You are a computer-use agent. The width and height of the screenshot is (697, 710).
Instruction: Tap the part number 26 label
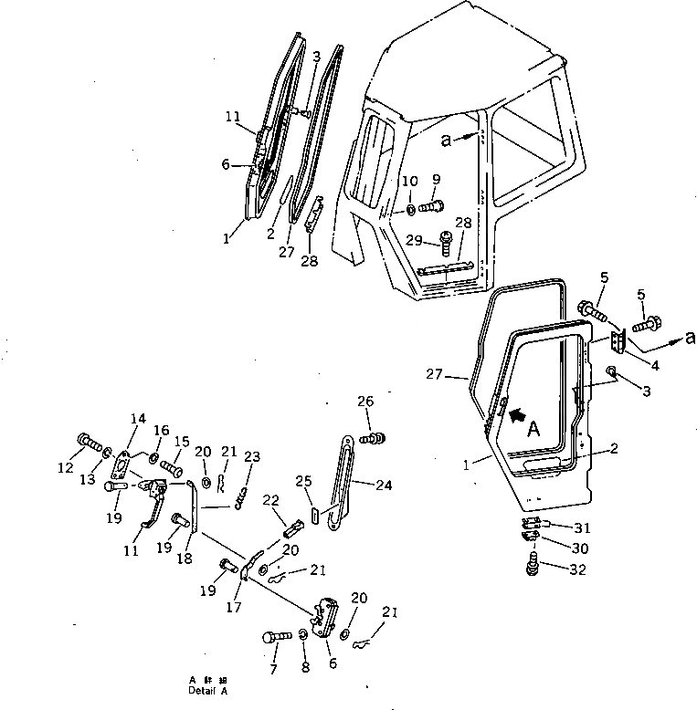(x=365, y=402)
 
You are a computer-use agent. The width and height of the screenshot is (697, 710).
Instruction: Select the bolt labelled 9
(x=433, y=206)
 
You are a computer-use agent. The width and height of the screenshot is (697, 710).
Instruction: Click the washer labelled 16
(x=154, y=457)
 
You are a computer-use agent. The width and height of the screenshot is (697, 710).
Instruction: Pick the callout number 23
(x=252, y=457)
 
